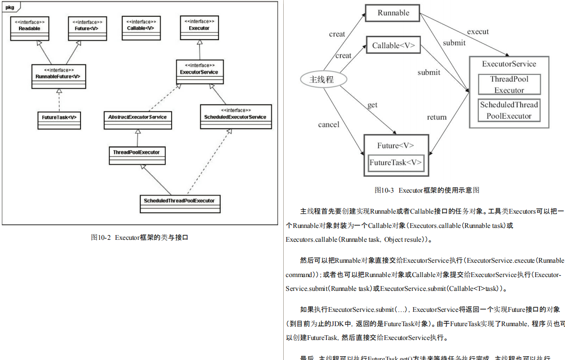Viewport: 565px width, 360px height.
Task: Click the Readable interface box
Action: point(30,29)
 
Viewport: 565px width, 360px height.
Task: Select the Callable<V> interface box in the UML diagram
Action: point(141,29)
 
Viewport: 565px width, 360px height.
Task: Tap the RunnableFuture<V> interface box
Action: point(58,76)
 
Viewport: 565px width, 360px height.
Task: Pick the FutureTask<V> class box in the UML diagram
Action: point(59,120)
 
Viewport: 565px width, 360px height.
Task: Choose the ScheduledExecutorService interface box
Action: point(236,117)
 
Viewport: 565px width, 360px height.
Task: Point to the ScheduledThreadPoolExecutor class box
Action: point(179,204)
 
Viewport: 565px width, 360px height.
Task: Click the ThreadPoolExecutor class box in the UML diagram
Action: point(136,155)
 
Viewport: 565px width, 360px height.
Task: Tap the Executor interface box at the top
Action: point(199,29)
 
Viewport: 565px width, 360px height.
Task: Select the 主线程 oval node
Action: point(322,80)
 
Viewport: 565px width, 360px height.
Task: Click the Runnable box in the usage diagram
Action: point(393,13)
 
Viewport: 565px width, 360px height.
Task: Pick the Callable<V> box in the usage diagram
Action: point(393,46)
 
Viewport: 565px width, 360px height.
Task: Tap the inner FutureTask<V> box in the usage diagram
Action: point(396,163)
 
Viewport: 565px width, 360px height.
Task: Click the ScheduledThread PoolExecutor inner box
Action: point(509,110)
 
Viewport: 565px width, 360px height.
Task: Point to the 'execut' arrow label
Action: point(478,31)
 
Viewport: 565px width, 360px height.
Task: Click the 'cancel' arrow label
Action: point(329,124)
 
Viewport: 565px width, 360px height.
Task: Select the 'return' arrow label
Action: point(437,117)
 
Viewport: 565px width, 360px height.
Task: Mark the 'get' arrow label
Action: point(372,105)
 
